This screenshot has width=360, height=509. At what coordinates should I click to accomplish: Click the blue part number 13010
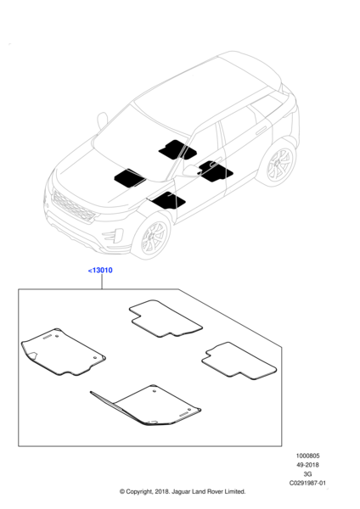(x=100, y=270)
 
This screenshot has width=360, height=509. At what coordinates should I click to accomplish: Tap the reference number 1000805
(x=307, y=456)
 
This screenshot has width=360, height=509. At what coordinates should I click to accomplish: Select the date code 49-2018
(x=307, y=465)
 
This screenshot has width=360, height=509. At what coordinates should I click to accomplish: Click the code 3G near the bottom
(x=307, y=474)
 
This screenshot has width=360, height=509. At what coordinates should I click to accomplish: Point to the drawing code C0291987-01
(x=307, y=483)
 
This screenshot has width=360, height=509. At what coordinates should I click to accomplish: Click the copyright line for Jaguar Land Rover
(x=183, y=491)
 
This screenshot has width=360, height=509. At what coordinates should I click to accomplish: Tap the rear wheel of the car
(x=278, y=163)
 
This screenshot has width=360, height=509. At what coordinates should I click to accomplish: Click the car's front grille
(x=73, y=206)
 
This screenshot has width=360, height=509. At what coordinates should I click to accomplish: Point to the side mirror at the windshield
(x=103, y=120)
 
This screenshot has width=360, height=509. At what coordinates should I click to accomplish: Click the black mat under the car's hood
(x=129, y=178)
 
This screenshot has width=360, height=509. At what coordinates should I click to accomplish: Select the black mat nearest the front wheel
(x=168, y=200)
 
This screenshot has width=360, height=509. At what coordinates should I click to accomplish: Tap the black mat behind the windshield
(x=177, y=149)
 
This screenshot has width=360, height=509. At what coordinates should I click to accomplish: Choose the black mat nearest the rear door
(x=215, y=171)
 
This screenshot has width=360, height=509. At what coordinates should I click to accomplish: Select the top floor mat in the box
(x=166, y=318)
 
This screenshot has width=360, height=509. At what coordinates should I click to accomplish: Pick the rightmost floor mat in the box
(x=239, y=361)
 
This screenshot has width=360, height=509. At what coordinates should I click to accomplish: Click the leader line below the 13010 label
(x=102, y=282)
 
